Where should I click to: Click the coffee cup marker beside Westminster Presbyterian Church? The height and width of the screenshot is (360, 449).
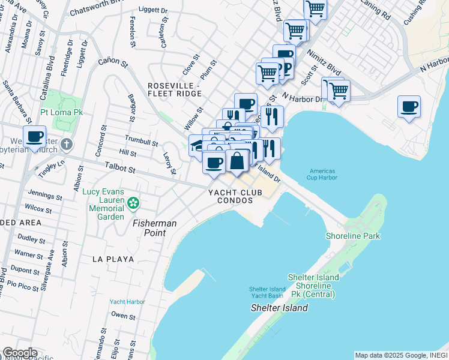35,136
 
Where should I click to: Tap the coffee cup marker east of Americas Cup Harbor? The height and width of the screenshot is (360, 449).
409,107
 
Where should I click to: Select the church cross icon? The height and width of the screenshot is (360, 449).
67,145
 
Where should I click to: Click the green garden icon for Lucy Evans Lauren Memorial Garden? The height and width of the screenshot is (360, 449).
133,205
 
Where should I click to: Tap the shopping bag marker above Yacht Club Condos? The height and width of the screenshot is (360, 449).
237,161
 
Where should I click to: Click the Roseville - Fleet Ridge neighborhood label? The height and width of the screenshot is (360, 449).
175,89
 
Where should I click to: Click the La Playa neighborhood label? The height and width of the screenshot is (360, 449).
112,259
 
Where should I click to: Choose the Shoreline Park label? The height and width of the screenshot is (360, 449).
353,236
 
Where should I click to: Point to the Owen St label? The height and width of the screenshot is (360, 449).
123,315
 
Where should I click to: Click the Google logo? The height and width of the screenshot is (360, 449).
20,353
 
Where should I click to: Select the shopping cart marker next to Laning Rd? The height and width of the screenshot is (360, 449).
315,8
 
